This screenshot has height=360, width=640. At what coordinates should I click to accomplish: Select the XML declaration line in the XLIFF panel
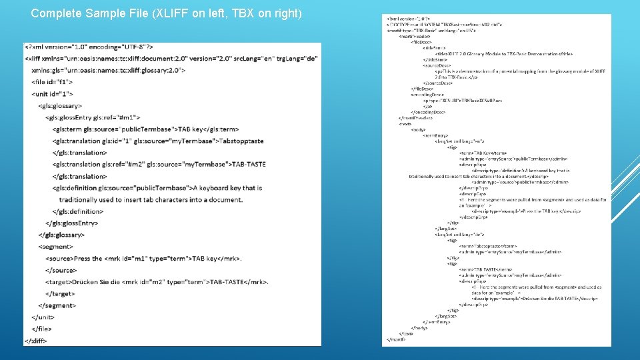point(89,47)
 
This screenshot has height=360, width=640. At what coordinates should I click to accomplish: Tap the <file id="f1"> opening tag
point(56,83)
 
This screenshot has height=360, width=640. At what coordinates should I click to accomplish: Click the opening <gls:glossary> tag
point(60,106)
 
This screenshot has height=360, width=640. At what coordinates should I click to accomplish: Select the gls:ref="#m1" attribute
point(124,117)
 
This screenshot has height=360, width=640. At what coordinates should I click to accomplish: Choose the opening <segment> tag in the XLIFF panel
point(56,247)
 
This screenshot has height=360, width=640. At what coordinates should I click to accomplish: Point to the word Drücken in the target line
point(88,282)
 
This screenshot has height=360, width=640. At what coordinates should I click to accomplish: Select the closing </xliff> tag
point(35,341)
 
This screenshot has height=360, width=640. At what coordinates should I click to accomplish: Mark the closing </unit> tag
point(43,317)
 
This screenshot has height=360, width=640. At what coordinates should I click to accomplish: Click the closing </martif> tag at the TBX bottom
point(397,339)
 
